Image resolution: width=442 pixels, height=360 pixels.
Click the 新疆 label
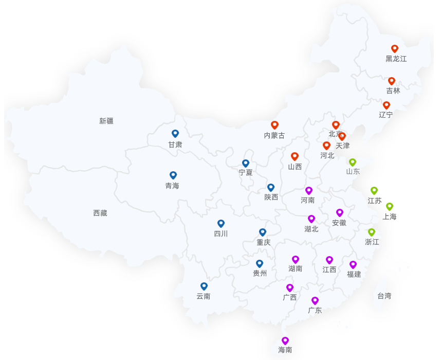pos(106,121)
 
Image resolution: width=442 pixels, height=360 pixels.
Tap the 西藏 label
pos(100,213)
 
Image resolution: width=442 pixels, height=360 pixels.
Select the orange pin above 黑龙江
pos(395,49)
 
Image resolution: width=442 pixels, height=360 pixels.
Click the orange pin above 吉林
pos(392,81)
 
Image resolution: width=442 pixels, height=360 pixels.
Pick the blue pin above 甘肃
pos(175,134)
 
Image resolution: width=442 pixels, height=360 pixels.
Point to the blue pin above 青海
pos(173,175)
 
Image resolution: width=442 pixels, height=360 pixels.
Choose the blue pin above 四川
pos(221,224)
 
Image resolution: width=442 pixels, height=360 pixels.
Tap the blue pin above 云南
pos(204,286)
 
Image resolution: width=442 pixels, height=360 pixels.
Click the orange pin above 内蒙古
pos(274,125)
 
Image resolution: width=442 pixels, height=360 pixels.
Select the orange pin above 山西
pos(294,156)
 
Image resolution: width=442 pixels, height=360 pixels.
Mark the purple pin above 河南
pos(309,191)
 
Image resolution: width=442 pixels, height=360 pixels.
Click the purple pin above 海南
pos(285,340)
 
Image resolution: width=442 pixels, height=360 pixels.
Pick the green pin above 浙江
pos(372,232)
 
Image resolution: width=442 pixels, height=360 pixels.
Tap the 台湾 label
pos(384,296)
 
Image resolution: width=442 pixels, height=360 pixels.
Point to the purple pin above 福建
pos(353,265)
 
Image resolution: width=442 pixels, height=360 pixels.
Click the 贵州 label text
pos(260,274)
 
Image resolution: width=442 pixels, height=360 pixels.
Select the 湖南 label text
pos(296,268)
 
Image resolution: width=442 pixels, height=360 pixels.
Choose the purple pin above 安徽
pos(340,213)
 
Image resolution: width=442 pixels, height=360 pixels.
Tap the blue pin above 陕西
pos(271,188)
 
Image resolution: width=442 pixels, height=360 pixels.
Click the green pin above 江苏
pos(374,191)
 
